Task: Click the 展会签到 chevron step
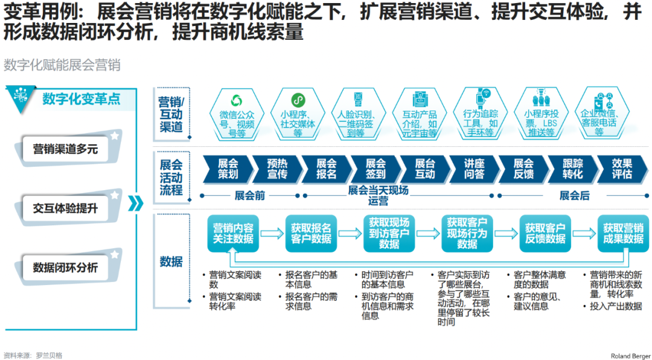pos(376,169)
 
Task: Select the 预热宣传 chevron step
pos(277,169)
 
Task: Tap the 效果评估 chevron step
pos(622,169)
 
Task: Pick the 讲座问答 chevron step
pos(474,169)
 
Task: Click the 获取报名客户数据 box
pos(311,233)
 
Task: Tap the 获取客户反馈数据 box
pos(545,233)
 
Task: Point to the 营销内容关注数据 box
pos(233,233)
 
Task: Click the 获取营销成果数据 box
pos(623,233)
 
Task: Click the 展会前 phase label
pos(249,196)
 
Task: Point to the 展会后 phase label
pos(574,196)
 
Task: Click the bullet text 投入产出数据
pos(616,306)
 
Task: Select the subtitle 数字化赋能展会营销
pos(62,65)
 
